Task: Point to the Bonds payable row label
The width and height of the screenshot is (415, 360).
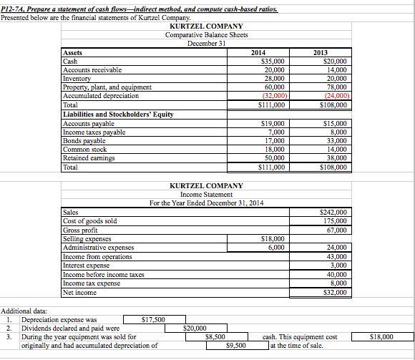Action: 84,141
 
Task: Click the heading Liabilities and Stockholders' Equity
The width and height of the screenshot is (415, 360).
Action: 119,115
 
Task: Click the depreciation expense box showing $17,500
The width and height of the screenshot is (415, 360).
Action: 154,319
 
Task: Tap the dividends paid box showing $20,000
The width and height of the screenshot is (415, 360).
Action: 195,328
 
